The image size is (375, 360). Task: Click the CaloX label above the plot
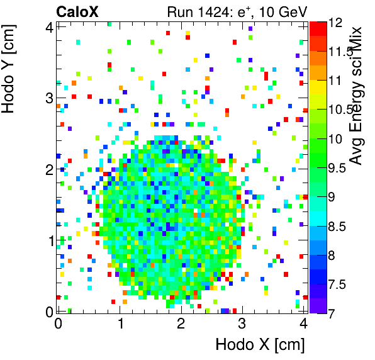[77, 11]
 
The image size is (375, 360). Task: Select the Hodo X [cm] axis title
[260, 344]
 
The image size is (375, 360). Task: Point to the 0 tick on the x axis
[58, 324]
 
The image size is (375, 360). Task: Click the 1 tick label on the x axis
[119, 324]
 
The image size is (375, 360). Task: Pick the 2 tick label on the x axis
[181, 324]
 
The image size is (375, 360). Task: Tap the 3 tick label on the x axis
[242, 324]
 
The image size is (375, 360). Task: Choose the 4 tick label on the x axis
[303, 324]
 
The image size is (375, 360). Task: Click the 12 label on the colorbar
[339, 23]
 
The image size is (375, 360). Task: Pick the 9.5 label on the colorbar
[340, 167]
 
